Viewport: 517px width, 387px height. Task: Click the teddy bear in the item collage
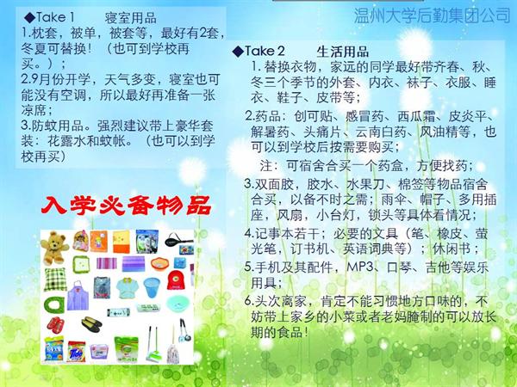pyautogui.click(x=54, y=248)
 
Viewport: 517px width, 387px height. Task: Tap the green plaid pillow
pyautogui.click(x=55, y=279)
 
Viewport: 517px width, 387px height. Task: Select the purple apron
pyautogui.click(x=78, y=296)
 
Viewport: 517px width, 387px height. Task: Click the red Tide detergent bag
pyautogui.click(x=77, y=352)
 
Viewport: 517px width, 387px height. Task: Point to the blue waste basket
pyautogui.click(x=152, y=287)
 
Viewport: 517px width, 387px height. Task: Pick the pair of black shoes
pyautogui.click(x=91, y=324)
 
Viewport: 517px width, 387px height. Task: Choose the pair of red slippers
pyautogui.click(x=55, y=324)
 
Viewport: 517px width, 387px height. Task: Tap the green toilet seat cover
pyautogui.click(x=54, y=304)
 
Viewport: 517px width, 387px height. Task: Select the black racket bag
pyautogui.click(x=178, y=240)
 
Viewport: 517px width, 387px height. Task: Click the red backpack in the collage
pyautogui.click(x=176, y=280)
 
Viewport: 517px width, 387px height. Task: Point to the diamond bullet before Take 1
pyautogui.click(x=29, y=17)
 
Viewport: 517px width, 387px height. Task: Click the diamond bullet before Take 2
pyautogui.click(x=238, y=52)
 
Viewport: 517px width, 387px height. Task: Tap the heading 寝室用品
pyautogui.click(x=131, y=18)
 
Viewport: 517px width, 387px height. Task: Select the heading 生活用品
pyautogui.click(x=343, y=52)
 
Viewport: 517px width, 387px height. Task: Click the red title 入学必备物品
pyautogui.click(x=126, y=206)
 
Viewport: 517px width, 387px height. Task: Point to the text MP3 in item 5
pyautogui.click(x=359, y=267)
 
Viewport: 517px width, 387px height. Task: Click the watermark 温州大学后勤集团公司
pyautogui.click(x=433, y=15)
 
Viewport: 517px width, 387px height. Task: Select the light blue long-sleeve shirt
pyautogui.click(x=128, y=287)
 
